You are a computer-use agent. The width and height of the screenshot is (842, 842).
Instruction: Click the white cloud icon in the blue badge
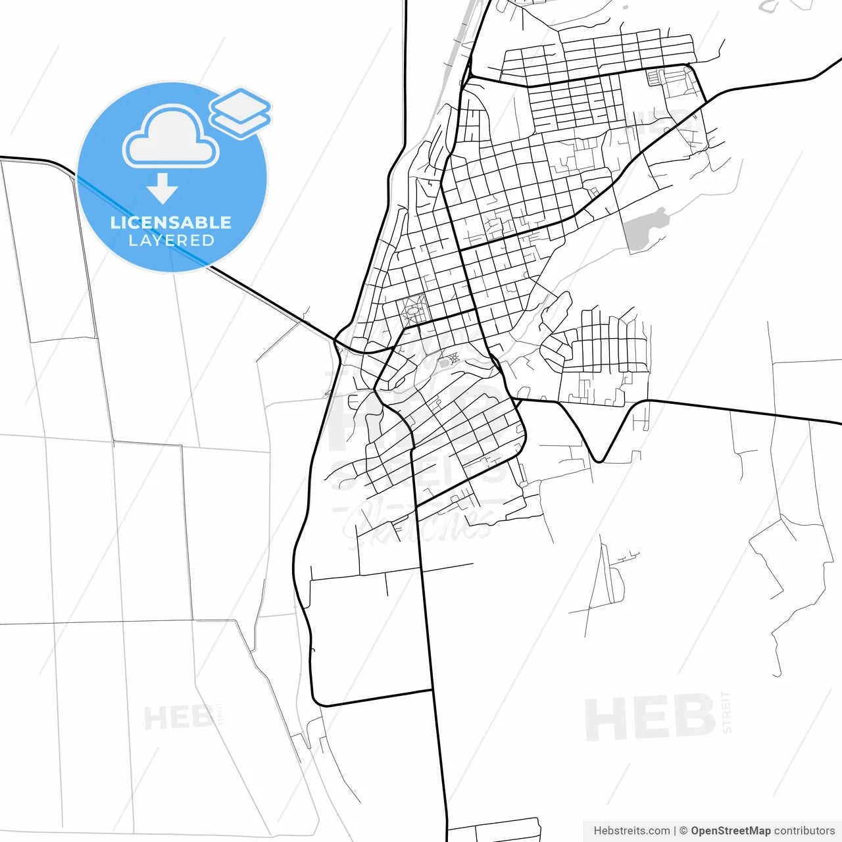point(171,138)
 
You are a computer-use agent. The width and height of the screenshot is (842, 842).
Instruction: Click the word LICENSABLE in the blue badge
point(171,222)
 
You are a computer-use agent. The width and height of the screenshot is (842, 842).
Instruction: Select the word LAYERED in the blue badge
point(171,241)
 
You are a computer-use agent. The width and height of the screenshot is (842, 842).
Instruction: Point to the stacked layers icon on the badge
point(240,112)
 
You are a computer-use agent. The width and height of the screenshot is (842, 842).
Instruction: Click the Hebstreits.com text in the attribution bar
point(631,831)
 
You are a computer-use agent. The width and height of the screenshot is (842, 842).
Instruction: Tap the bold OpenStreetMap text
point(730,831)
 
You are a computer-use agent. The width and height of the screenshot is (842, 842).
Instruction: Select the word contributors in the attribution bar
point(804,831)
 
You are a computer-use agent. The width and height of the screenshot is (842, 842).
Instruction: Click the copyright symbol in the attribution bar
point(683,831)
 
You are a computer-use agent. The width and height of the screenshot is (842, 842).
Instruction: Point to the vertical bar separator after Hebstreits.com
point(675,831)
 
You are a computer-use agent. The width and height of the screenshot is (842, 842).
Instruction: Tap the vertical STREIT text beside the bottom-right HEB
point(726,712)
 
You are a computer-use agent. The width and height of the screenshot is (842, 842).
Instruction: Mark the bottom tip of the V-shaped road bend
point(599,460)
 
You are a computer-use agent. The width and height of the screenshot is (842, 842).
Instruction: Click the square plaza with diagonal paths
point(414,310)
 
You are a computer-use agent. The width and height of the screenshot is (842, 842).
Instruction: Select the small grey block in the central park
point(444,362)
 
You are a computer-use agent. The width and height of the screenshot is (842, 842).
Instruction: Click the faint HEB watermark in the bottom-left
point(178,718)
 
